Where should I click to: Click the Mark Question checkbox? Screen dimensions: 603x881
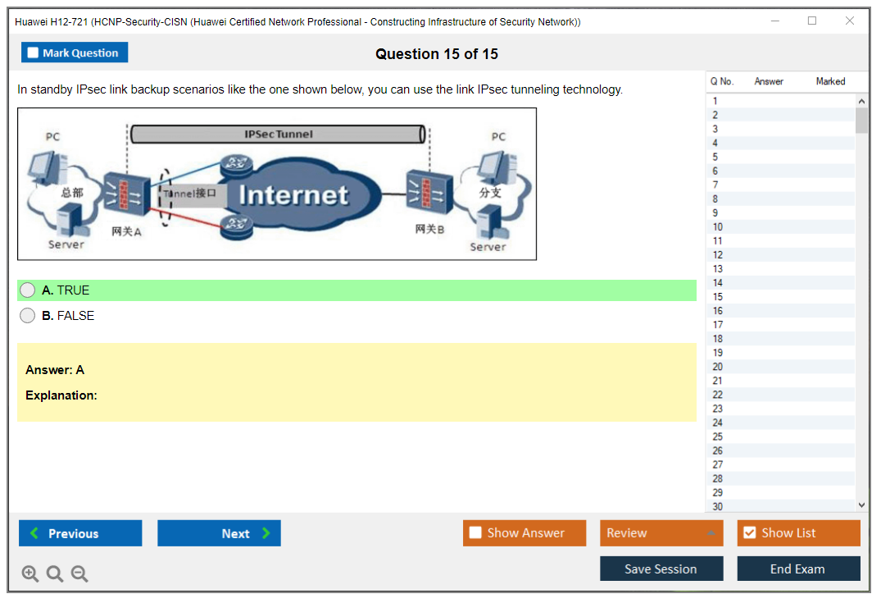pos(34,53)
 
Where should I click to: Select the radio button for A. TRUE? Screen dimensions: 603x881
pos(28,290)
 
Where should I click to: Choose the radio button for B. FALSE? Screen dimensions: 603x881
pos(28,316)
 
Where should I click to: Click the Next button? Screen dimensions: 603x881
pos(219,533)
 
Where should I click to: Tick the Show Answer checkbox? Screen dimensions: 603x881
pos(476,533)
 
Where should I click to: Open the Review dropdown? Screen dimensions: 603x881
pos(661,533)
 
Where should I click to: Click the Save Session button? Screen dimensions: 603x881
pos(661,569)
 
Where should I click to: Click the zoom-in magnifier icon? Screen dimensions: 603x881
pos(30,574)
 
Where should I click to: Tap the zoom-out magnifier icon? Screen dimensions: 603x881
pos(79,574)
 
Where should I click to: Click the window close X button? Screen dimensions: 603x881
pos(850,21)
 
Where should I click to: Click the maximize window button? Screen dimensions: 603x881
pos(812,21)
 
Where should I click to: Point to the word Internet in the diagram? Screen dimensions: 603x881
pos(293,195)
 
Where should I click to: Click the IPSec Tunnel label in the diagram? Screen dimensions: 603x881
pos(279,134)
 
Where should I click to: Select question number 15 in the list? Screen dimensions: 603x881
pos(718,297)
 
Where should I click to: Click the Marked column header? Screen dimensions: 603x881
pos(830,81)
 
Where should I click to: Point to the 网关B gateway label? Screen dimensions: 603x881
pos(429,230)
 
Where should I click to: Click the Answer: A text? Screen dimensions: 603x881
pos(55,370)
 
